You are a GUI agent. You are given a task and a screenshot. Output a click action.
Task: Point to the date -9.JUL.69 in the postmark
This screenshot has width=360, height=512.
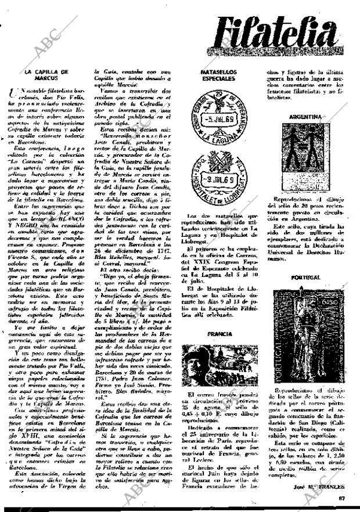pos(219,172)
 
